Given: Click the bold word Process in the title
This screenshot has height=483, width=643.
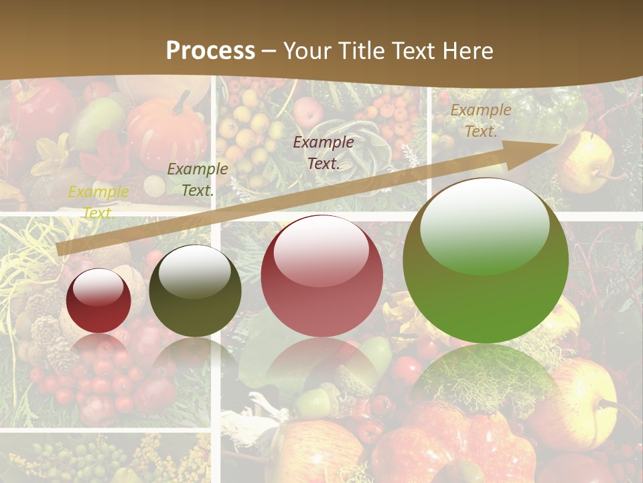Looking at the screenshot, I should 210,50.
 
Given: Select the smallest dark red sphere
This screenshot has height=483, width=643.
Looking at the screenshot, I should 98,301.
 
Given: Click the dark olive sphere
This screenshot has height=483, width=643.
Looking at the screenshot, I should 195,290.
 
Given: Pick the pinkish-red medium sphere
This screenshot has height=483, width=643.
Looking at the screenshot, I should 321,276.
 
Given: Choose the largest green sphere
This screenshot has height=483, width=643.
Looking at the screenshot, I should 486,260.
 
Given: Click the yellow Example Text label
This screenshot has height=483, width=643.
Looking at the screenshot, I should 98,202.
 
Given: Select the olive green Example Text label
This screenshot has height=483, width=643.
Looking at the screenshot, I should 198,179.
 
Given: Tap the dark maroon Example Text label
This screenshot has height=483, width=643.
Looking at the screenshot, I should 324,152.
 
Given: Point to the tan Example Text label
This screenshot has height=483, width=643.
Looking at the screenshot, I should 480,121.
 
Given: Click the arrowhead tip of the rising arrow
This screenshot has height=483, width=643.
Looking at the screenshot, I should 556,144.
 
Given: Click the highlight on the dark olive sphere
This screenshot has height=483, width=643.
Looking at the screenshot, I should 195,271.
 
